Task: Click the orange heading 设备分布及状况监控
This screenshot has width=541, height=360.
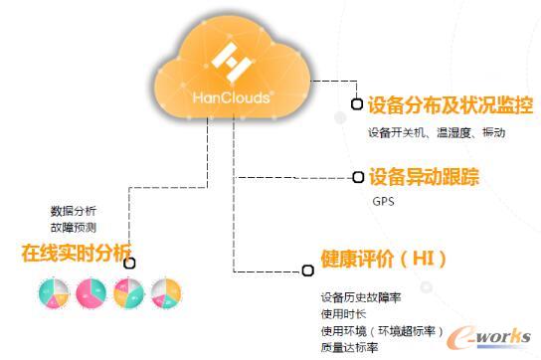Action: (451, 104)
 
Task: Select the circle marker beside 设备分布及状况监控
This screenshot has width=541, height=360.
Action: (357, 104)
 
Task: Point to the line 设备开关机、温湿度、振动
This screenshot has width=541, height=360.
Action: (437, 132)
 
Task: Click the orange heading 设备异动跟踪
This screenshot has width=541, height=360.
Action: (424, 178)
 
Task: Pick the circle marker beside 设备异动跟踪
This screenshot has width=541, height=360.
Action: (358, 178)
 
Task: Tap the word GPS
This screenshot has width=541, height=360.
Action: (384, 202)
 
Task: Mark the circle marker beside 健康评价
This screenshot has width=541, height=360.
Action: (307, 270)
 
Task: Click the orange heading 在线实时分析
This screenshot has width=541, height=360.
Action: (77, 252)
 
